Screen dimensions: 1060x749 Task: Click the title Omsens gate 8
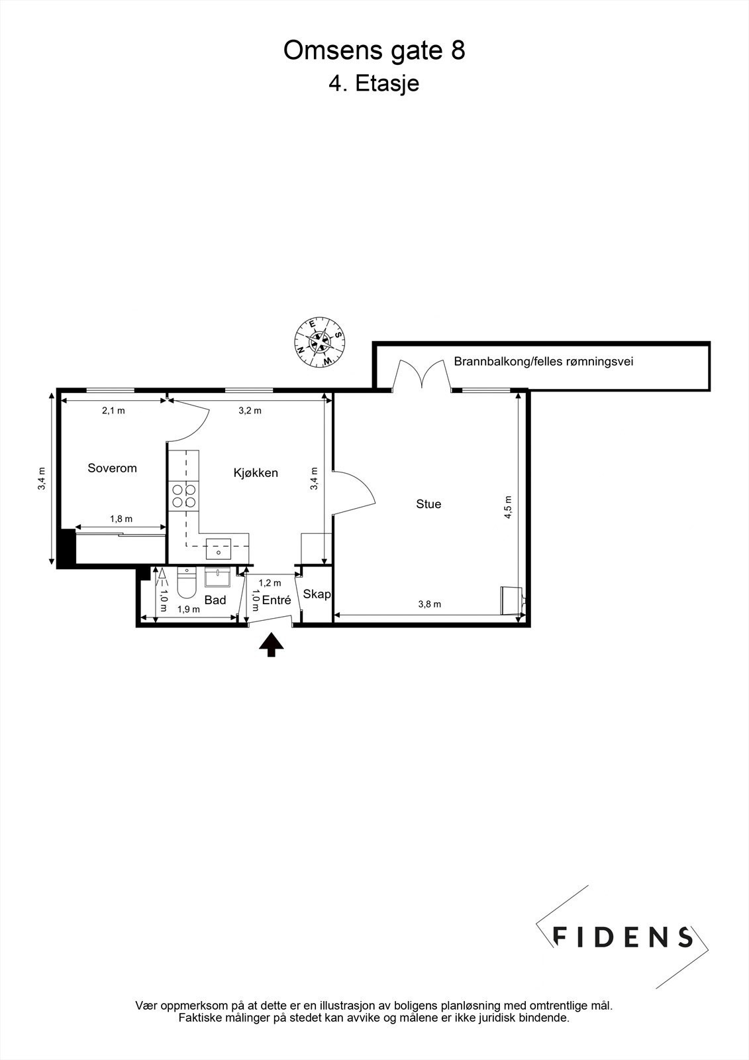pos(374,51)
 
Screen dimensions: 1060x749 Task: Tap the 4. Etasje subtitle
pos(374,83)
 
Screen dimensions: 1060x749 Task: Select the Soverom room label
pos(113,468)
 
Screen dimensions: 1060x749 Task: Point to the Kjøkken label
pos(256,473)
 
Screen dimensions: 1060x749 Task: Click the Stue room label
pos(428,504)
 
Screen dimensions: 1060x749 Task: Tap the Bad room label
pos(215,600)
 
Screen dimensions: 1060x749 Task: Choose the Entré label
pos(276,600)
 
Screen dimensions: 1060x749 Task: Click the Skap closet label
pos(317,594)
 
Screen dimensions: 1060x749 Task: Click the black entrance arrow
pos(271,644)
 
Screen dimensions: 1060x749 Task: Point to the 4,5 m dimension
pos(508,507)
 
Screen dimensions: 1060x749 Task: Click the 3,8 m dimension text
pos(430,604)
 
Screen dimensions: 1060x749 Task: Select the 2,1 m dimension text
pos(113,411)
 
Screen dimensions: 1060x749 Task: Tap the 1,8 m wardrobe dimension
pos(121,519)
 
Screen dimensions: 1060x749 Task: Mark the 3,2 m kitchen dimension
pos(250,411)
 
